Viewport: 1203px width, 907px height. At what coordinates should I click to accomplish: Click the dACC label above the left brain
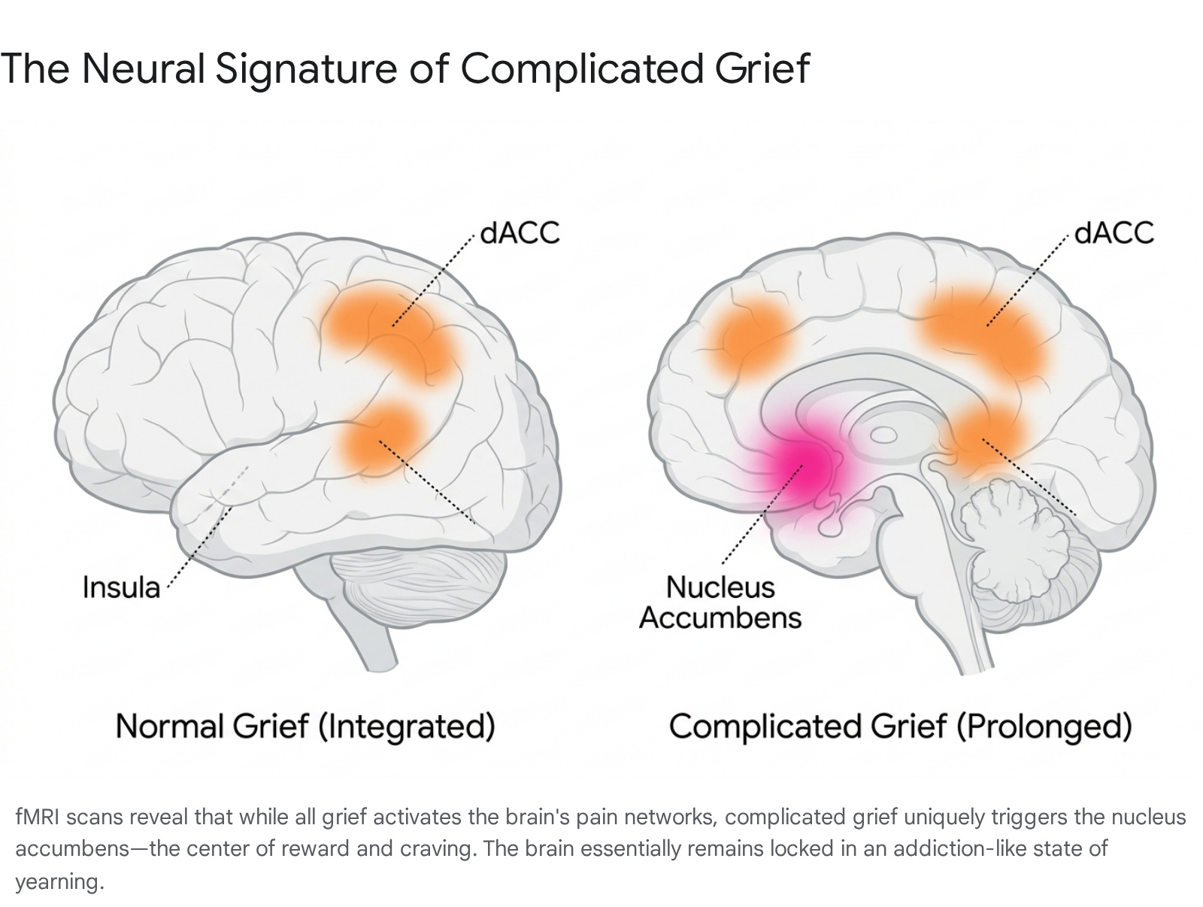coord(520,233)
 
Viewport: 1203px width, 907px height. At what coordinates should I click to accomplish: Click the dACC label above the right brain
coord(1114,233)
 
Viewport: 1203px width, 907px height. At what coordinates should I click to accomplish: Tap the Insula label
coord(121,587)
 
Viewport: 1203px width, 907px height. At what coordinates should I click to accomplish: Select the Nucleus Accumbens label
coord(720,602)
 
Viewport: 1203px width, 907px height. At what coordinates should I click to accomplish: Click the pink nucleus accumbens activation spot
coord(806,466)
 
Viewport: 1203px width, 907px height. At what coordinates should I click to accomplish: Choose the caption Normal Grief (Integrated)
coord(305,727)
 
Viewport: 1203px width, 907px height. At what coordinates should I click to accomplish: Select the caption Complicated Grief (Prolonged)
coord(901,727)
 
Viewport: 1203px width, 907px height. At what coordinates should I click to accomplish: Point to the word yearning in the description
coord(59,881)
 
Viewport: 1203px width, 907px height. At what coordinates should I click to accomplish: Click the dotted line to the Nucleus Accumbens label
coord(762,514)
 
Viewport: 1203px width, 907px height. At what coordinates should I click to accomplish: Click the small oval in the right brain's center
coord(883,435)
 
